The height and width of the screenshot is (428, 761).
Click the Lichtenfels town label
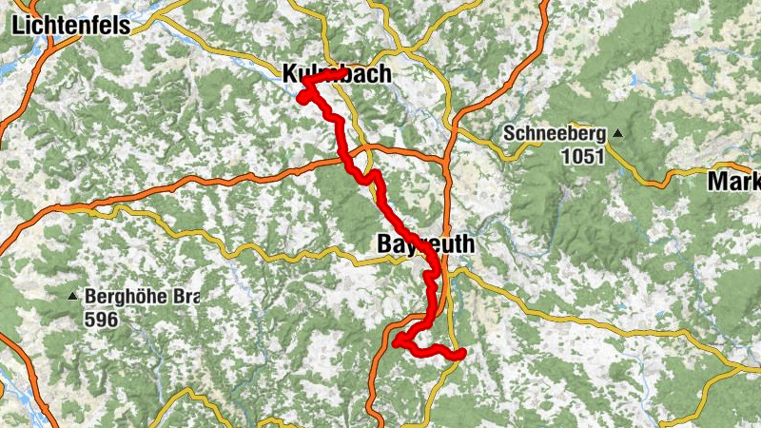tap(71, 26)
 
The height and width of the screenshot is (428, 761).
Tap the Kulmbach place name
tap(336, 73)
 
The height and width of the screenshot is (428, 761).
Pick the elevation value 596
tap(100, 320)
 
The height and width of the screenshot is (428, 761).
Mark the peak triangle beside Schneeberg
tap(618, 133)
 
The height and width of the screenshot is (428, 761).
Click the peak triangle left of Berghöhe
tap(73, 297)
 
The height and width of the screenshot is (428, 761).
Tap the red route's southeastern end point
tap(461, 354)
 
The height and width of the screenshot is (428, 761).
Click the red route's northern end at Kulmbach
tap(341, 72)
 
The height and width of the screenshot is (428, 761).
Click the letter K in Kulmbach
tap(289, 73)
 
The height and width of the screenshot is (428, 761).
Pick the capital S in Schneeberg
tap(510, 133)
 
